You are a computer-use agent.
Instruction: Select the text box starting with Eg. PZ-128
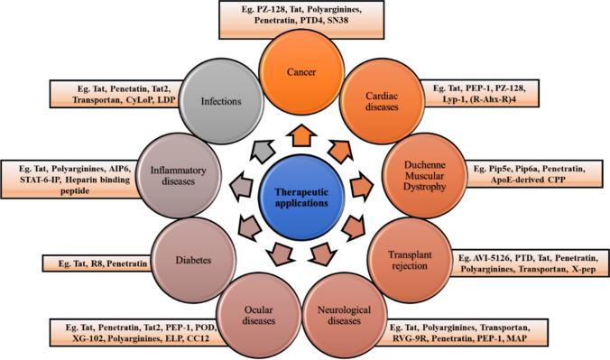click(x=305, y=21)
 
